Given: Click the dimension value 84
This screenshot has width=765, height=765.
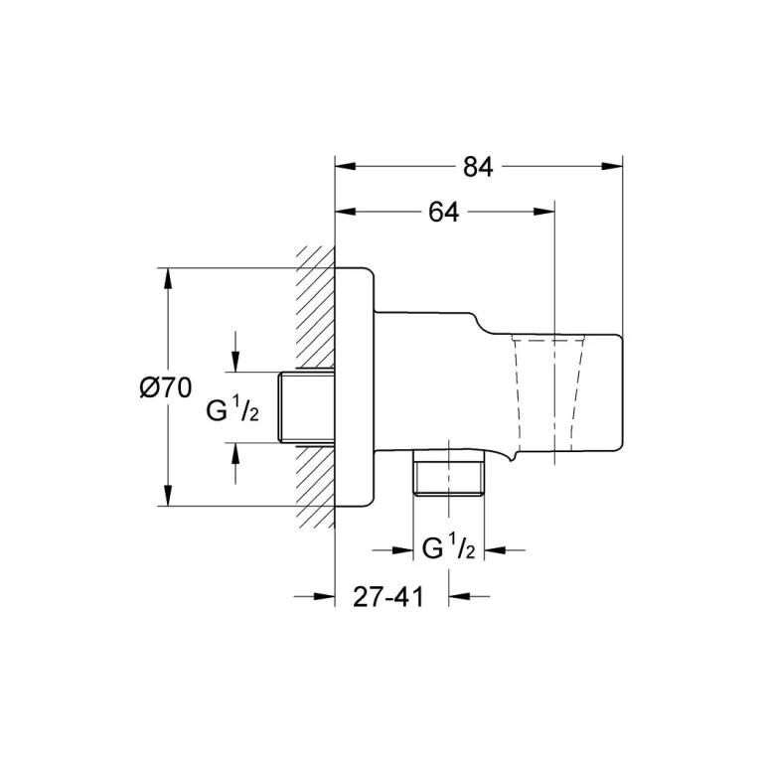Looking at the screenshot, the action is coord(478,167).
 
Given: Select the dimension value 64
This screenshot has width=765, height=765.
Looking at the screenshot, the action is coord(443,212).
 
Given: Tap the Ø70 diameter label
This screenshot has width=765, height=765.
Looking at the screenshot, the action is coord(165,388).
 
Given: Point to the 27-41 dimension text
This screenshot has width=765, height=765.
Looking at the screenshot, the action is coord(388,596).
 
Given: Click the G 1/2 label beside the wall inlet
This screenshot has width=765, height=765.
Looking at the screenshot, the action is coord(232,409).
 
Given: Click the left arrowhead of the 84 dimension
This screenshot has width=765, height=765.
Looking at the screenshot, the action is coord(345,166).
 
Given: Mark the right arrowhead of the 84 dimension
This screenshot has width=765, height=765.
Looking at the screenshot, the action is coord(612,166).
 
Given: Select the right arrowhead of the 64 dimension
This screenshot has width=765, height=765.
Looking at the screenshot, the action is coord(544,212).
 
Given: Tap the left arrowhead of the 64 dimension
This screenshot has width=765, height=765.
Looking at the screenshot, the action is coord(345,212).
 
